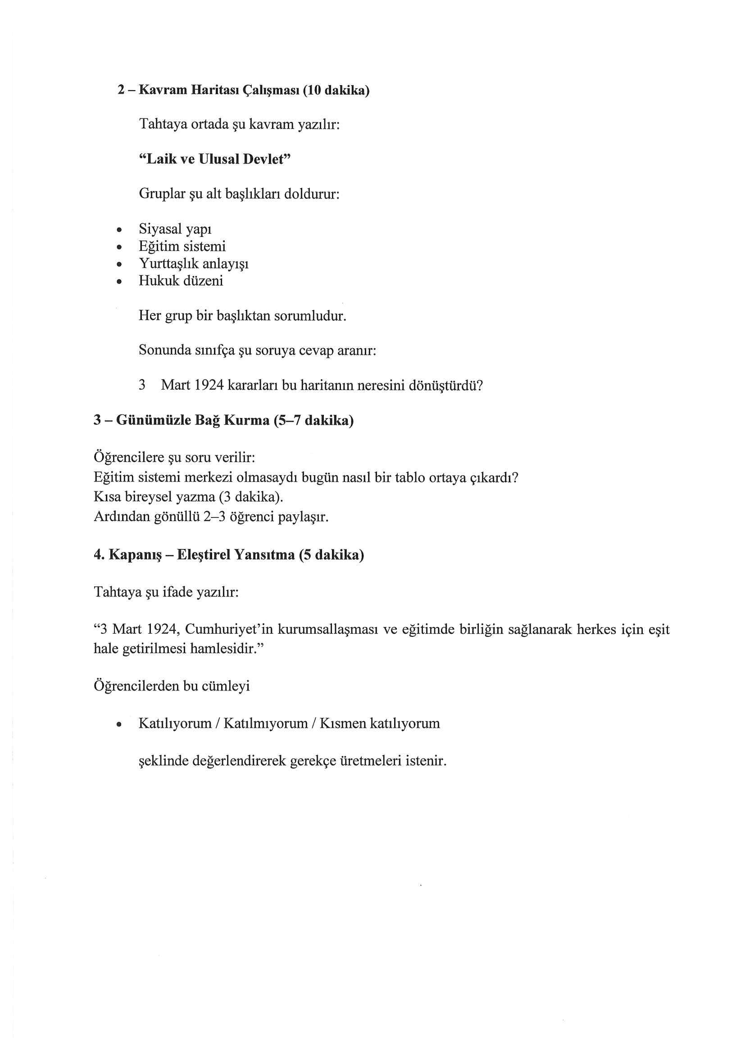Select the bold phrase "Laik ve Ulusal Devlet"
click(215, 159)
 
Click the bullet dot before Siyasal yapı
click(119, 229)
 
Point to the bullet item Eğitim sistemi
click(182, 246)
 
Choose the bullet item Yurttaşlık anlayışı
click(194, 264)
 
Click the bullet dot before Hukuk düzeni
click(119, 281)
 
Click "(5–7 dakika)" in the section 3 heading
click(313, 420)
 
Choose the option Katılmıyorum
click(265, 724)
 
